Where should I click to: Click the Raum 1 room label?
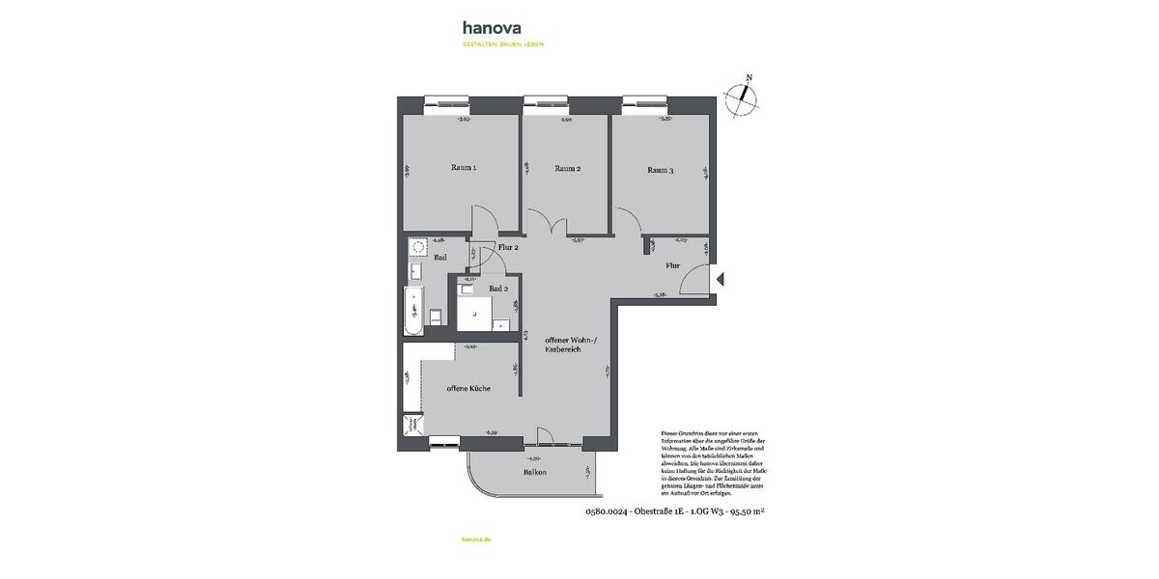464,168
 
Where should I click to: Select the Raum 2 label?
567,169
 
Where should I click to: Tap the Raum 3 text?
660,171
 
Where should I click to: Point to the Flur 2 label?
508,248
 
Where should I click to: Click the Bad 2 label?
497,289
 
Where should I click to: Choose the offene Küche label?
467,388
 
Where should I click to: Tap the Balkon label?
535,472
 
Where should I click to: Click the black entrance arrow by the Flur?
721,280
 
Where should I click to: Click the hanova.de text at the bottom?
477,541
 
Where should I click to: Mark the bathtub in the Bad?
412,311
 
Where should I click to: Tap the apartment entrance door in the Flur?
694,282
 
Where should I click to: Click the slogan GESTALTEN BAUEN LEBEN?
502,44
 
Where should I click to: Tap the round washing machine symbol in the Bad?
418,246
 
